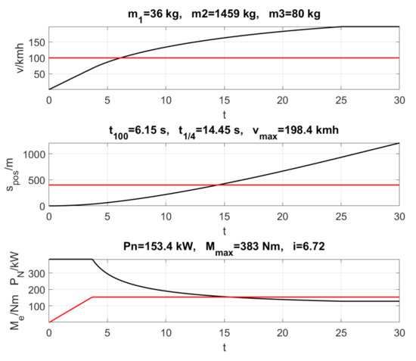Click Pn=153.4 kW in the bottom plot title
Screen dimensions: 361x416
(x=156, y=246)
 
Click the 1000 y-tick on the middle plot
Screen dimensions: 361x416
(x=33, y=154)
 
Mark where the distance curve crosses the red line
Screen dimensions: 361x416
(x=218, y=185)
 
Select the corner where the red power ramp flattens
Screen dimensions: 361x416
(x=93, y=297)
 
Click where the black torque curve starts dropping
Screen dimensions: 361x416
(x=92, y=260)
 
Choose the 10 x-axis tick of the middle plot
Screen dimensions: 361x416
(x=166, y=216)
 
